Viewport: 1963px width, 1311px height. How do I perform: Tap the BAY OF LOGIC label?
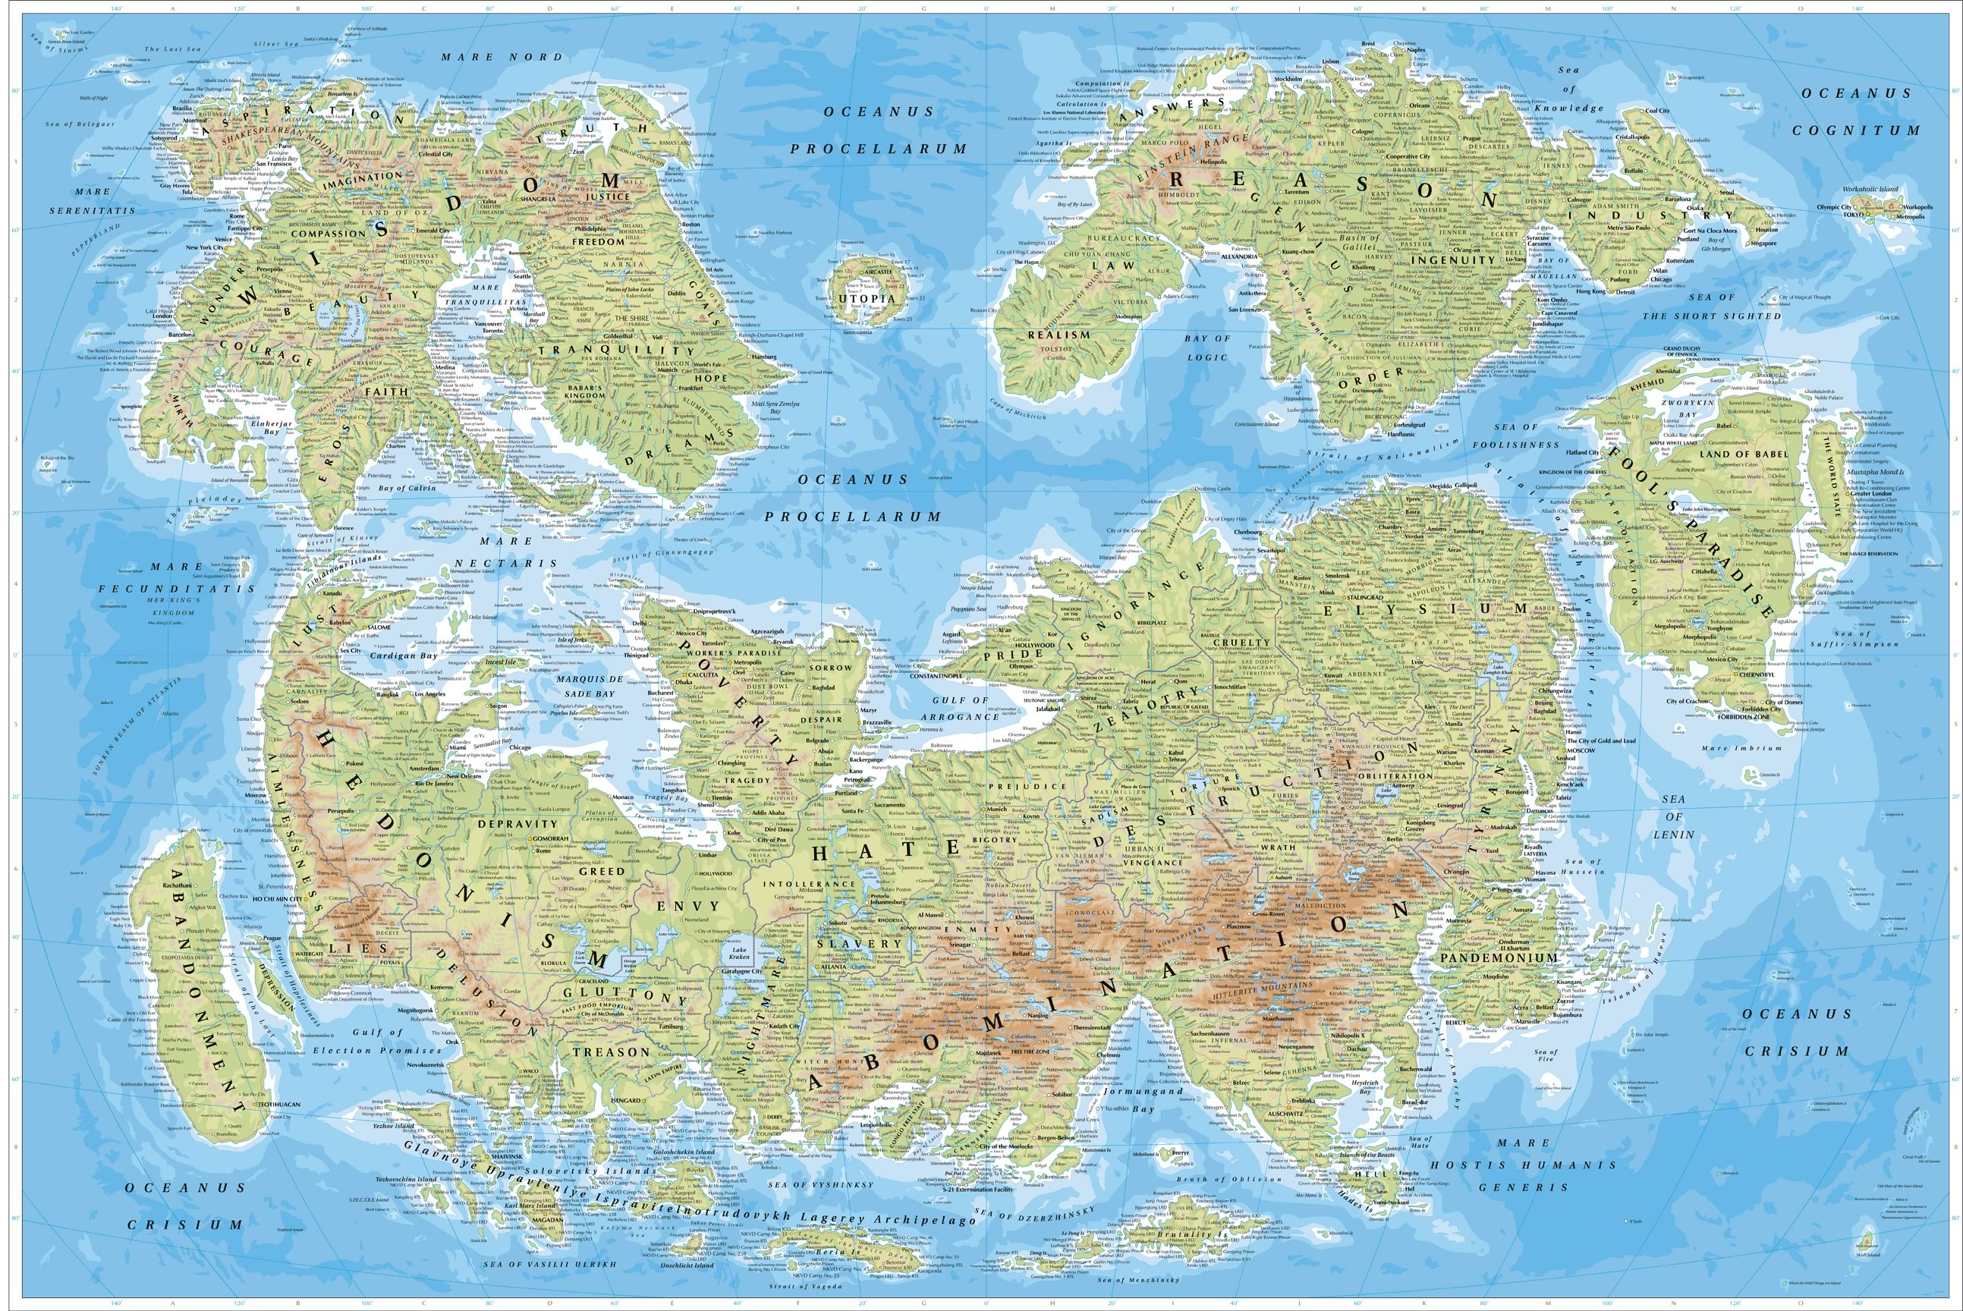pyautogui.click(x=1207, y=347)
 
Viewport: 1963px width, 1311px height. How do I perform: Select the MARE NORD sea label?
pyautogui.click(x=502, y=57)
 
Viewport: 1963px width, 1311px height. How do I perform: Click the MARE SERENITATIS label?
pyautogui.click(x=92, y=200)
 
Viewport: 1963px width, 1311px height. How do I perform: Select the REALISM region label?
pyautogui.click(x=1059, y=334)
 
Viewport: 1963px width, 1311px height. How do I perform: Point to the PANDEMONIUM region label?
pyautogui.click(x=1498, y=958)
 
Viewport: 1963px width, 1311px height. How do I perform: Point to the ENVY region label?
pyautogui.click(x=688, y=906)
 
